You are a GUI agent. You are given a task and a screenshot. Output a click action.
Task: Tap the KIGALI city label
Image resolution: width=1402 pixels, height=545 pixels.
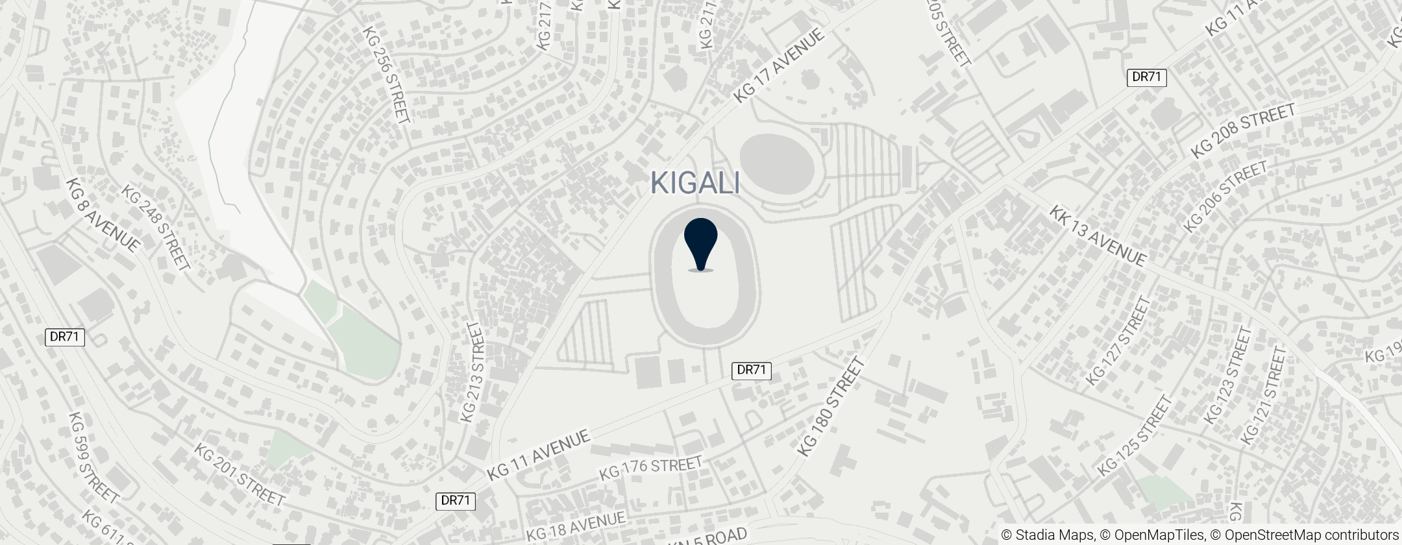pos(695,183)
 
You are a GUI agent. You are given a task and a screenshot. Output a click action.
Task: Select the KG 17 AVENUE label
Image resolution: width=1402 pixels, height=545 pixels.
pos(779,65)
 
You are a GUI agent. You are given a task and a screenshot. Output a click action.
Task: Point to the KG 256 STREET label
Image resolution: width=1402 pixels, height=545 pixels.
pos(386,75)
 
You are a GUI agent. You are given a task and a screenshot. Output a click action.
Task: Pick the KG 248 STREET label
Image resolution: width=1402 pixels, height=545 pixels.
pos(156,227)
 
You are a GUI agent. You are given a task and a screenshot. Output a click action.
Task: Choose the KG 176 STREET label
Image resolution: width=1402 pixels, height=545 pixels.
pos(651,468)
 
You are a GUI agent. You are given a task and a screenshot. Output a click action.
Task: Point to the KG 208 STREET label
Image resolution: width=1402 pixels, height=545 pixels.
pos(1242,131)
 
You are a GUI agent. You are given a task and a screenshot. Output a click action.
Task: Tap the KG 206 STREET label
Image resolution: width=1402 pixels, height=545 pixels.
pos(1225,197)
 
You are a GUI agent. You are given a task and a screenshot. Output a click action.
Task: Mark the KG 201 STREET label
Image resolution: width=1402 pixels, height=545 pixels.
pos(240,476)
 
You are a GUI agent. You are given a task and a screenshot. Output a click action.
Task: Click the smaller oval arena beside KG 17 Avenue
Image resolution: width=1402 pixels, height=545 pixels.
pos(777,163)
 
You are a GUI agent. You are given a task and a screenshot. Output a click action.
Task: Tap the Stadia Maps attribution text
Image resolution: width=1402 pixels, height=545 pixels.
pos(1047,535)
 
